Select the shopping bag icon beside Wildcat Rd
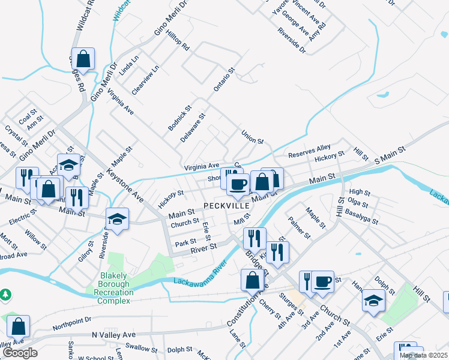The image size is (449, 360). click(83, 59)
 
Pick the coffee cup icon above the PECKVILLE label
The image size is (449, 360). click(238, 184)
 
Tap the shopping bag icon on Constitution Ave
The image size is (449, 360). click(252, 280)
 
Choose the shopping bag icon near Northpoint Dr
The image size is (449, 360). click(19, 326)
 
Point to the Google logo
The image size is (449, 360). click(19, 353)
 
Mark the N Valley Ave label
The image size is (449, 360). click(114, 335)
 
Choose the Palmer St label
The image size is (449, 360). click(298, 229)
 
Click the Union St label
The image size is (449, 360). click(252, 137)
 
